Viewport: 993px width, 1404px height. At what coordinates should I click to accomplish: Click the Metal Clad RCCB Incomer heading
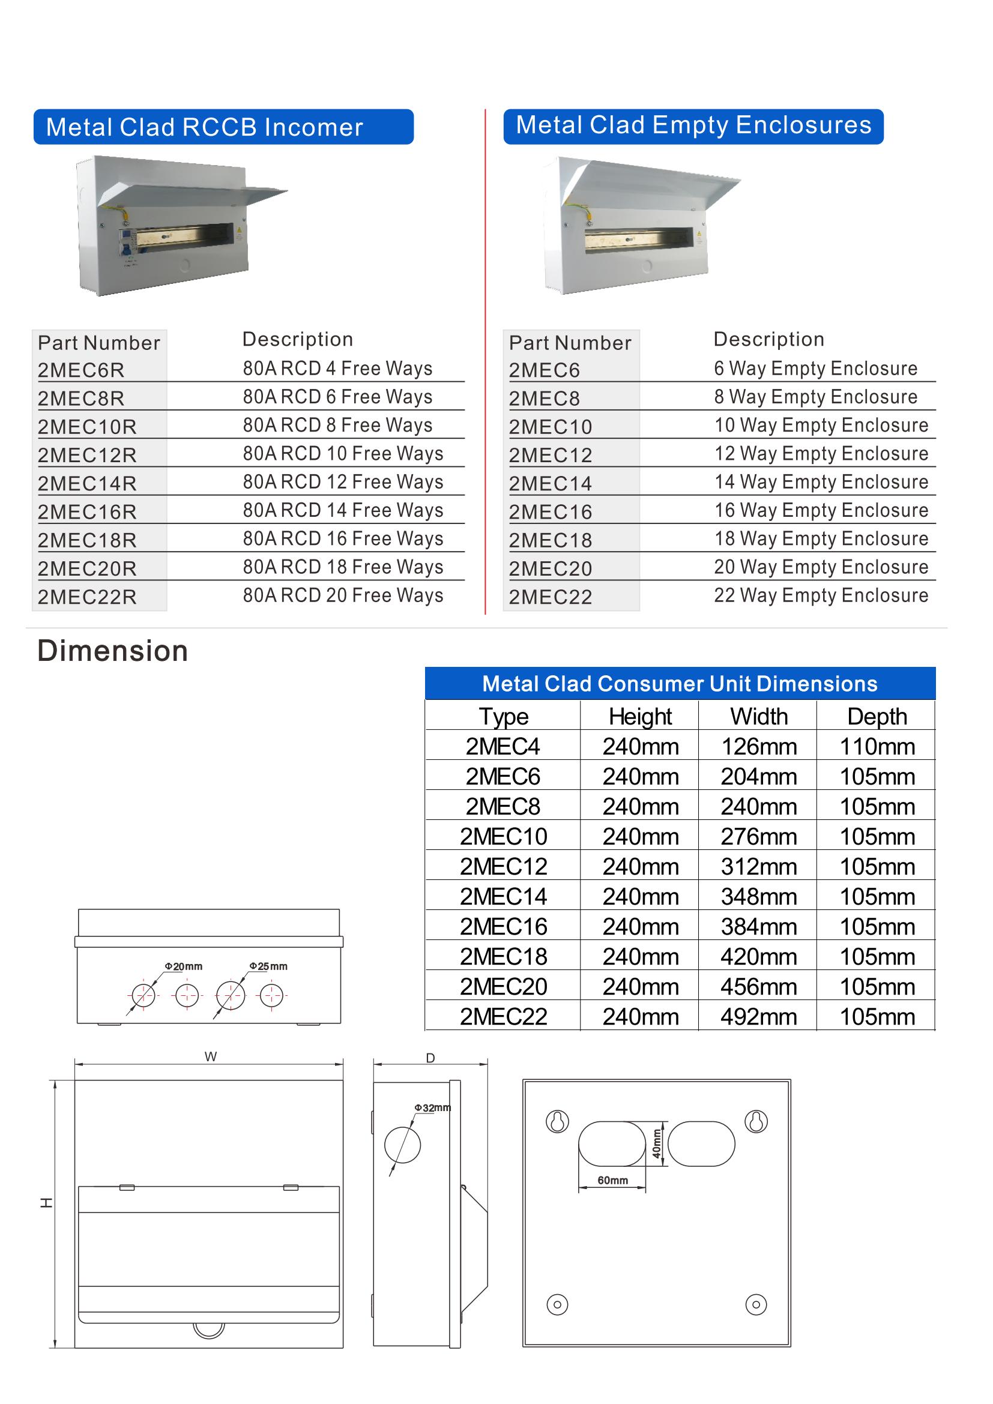[x=204, y=127]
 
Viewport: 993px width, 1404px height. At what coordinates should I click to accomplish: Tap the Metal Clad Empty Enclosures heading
[x=693, y=125]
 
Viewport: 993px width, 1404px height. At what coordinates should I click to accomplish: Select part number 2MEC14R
[x=88, y=483]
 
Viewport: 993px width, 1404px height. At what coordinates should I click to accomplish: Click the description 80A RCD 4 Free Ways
[x=337, y=368]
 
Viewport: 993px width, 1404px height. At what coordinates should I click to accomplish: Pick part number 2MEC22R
[x=88, y=597]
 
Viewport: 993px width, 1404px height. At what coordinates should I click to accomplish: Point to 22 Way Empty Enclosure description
[x=821, y=595]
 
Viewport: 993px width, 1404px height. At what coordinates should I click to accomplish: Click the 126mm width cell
[x=759, y=747]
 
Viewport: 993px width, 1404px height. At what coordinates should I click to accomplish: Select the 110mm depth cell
[x=877, y=747]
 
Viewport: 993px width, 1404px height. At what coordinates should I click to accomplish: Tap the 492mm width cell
[x=759, y=1017]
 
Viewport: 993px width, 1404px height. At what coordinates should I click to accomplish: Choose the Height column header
[x=640, y=717]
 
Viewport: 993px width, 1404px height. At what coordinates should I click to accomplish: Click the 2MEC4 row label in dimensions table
[x=503, y=747]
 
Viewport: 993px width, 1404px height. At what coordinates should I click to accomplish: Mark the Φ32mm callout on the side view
[x=433, y=1107]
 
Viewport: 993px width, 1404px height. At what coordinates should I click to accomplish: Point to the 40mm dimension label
[x=657, y=1144]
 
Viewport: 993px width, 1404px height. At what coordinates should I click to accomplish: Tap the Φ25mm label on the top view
[x=268, y=966]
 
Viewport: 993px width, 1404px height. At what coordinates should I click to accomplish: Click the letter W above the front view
[x=211, y=1056]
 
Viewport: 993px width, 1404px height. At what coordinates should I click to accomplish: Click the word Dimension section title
[x=112, y=651]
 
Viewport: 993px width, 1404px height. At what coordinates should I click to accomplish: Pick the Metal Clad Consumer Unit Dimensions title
[x=680, y=684]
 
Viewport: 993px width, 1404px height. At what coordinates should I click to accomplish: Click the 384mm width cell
[x=759, y=927]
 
